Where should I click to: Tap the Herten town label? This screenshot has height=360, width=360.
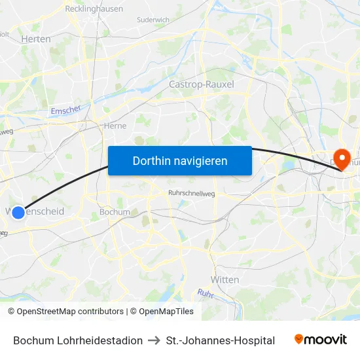[36, 39]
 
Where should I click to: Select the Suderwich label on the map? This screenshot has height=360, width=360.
[153, 20]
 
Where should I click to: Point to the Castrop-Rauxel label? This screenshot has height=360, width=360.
[201, 84]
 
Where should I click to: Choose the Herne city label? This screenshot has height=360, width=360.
[115, 126]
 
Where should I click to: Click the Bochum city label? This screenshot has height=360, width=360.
[115, 212]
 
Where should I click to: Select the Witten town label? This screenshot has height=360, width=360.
[225, 279]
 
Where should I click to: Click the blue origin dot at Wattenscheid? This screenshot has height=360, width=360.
[18, 212]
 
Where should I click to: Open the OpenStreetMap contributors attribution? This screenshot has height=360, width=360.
[70, 312]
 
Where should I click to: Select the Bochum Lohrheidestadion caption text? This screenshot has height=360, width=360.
[78, 340]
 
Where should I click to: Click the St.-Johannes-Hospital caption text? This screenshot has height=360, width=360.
[221, 340]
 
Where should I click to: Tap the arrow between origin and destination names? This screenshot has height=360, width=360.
[154, 340]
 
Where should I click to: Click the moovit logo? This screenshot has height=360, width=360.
[321, 340]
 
